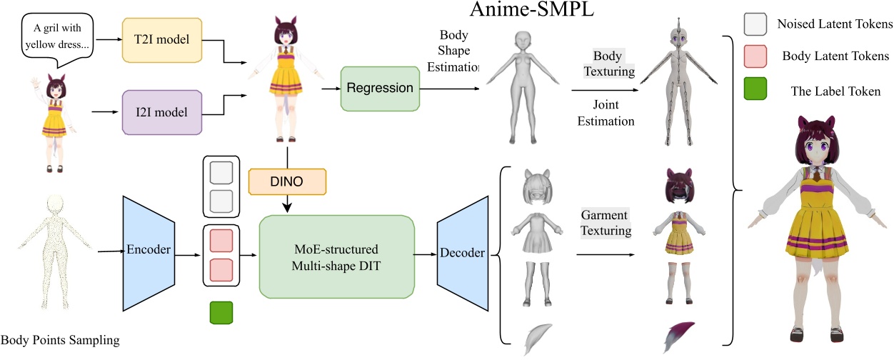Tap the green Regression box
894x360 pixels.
tap(380, 89)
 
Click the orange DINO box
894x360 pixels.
tap(286, 181)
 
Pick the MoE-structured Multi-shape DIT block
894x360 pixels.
tap(336, 256)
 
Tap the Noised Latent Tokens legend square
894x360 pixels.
tap(755, 24)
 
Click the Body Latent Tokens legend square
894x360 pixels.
tap(755, 55)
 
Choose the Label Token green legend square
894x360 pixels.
tap(755, 89)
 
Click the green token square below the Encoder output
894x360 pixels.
tap(221, 313)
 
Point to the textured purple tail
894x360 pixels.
tap(678, 336)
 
